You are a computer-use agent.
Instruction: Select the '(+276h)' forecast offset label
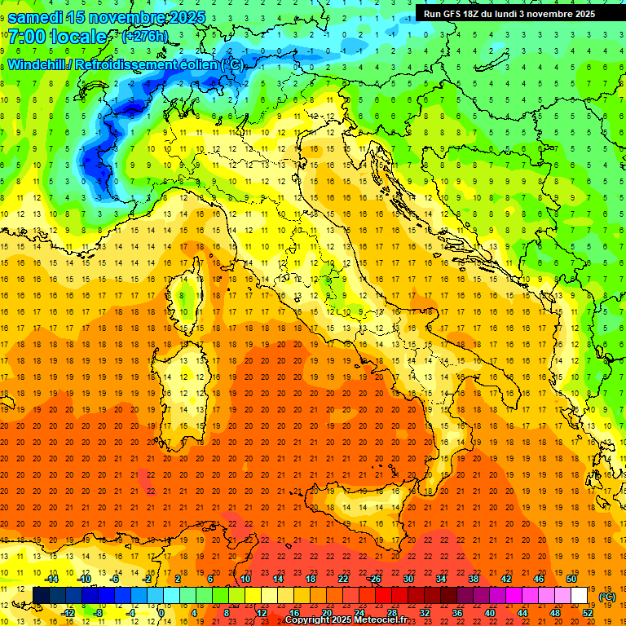[144, 37]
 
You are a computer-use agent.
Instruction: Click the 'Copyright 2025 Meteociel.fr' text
[345, 620]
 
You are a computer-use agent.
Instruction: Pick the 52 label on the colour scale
[588, 613]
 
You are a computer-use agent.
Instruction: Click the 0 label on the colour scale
[161, 613]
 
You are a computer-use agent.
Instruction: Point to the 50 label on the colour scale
[571, 579]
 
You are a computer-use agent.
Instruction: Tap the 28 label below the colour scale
[392, 613]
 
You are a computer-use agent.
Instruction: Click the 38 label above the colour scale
[474, 579]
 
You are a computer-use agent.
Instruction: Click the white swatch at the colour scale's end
[579, 596]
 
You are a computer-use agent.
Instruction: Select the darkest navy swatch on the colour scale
[41, 596]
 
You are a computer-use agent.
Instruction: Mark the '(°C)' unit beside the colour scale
[606, 597]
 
